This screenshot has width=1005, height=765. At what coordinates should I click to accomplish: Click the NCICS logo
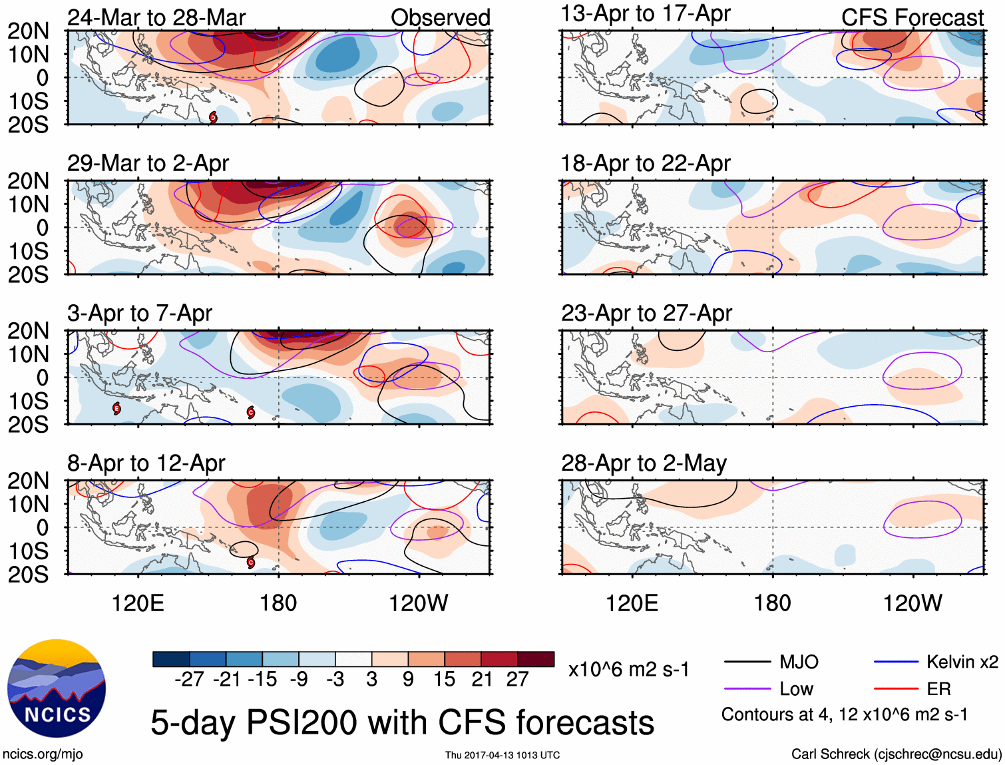(57, 688)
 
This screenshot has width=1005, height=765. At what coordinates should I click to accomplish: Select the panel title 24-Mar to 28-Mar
(156, 17)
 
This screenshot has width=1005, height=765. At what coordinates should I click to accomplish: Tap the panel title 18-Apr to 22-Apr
(646, 163)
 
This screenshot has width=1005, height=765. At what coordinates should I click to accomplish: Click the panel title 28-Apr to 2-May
(644, 463)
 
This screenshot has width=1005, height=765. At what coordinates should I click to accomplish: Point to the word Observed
(440, 18)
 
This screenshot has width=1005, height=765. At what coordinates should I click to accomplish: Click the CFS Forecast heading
(912, 18)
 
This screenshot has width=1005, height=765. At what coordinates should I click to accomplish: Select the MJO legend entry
(799, 662)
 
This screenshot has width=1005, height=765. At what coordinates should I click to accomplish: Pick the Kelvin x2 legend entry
(962, 662)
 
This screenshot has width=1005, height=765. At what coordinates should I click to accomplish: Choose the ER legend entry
(938, 688)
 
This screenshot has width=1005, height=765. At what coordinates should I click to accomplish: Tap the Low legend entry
(796, 688)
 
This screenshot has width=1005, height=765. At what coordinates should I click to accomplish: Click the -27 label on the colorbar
(188, 679)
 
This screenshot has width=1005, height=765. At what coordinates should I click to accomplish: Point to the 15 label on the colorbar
(444, 679)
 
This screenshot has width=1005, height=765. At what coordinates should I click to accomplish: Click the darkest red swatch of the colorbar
(536, 659)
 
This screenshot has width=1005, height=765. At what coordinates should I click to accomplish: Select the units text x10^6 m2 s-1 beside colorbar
(628, 669)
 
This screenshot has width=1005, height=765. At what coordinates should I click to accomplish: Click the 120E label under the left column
(138, 603)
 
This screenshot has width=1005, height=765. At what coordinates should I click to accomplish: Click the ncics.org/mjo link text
(43, 754)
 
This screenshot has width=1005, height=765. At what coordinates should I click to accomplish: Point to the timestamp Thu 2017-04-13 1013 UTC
(502, 755)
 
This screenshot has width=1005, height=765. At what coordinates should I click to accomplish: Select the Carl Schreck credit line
(896, 754)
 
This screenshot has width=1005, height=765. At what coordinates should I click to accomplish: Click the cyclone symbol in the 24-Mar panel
(213, 118)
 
